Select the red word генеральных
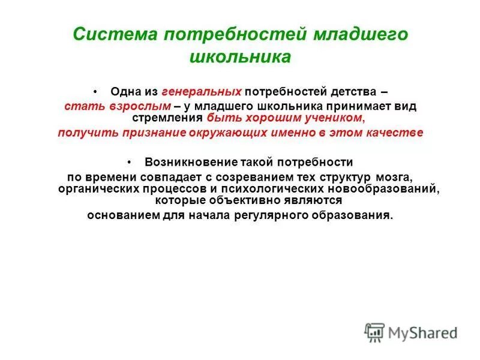point(201,92)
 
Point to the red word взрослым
point(135,106)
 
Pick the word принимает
point(359,106)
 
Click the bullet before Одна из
point(96,92)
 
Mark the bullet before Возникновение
point(130,162)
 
